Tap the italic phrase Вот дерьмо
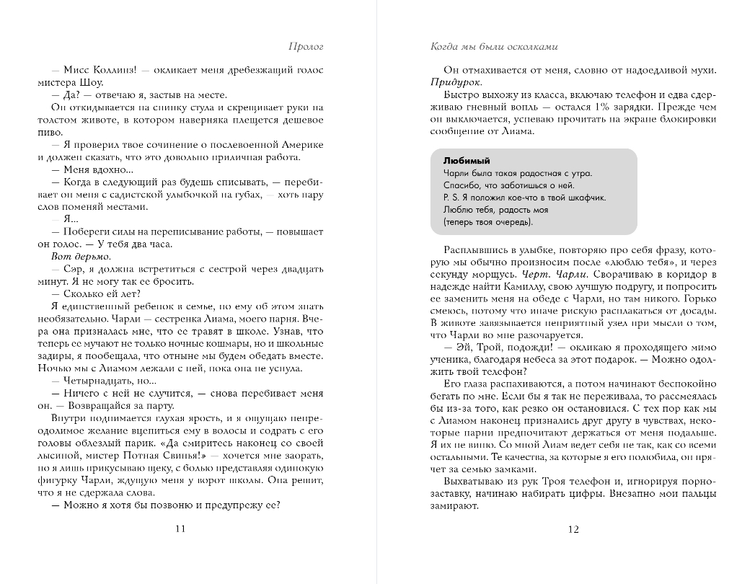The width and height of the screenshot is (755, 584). [x=81, y=257]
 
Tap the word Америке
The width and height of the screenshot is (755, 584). [x=303, y=145]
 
